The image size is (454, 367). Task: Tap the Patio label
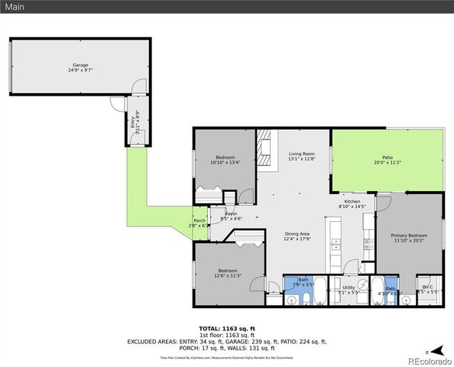388,157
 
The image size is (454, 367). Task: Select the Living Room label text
301,154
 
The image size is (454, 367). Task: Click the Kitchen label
352,201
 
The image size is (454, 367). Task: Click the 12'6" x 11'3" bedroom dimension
229,276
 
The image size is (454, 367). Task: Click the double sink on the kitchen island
335,245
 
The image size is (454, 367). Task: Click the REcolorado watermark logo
428,359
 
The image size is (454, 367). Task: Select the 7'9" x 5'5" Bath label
303,281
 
